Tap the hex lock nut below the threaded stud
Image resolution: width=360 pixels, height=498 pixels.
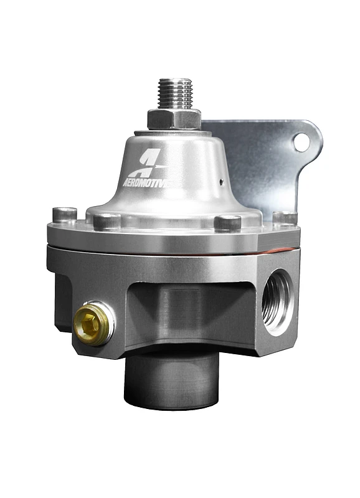(x=174, y=118)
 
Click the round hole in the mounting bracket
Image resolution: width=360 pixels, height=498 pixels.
(x=301, y=143)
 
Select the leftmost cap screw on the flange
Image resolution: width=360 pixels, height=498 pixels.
(x=65, y=214)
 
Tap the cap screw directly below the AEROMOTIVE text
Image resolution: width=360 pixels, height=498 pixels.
(x=107, y=221)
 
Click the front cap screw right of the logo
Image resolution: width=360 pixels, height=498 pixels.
(x=227, y=222)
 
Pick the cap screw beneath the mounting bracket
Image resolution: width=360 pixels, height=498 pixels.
(x=285, y=218)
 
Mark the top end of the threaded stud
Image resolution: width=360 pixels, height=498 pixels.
(x=176, y=81)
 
